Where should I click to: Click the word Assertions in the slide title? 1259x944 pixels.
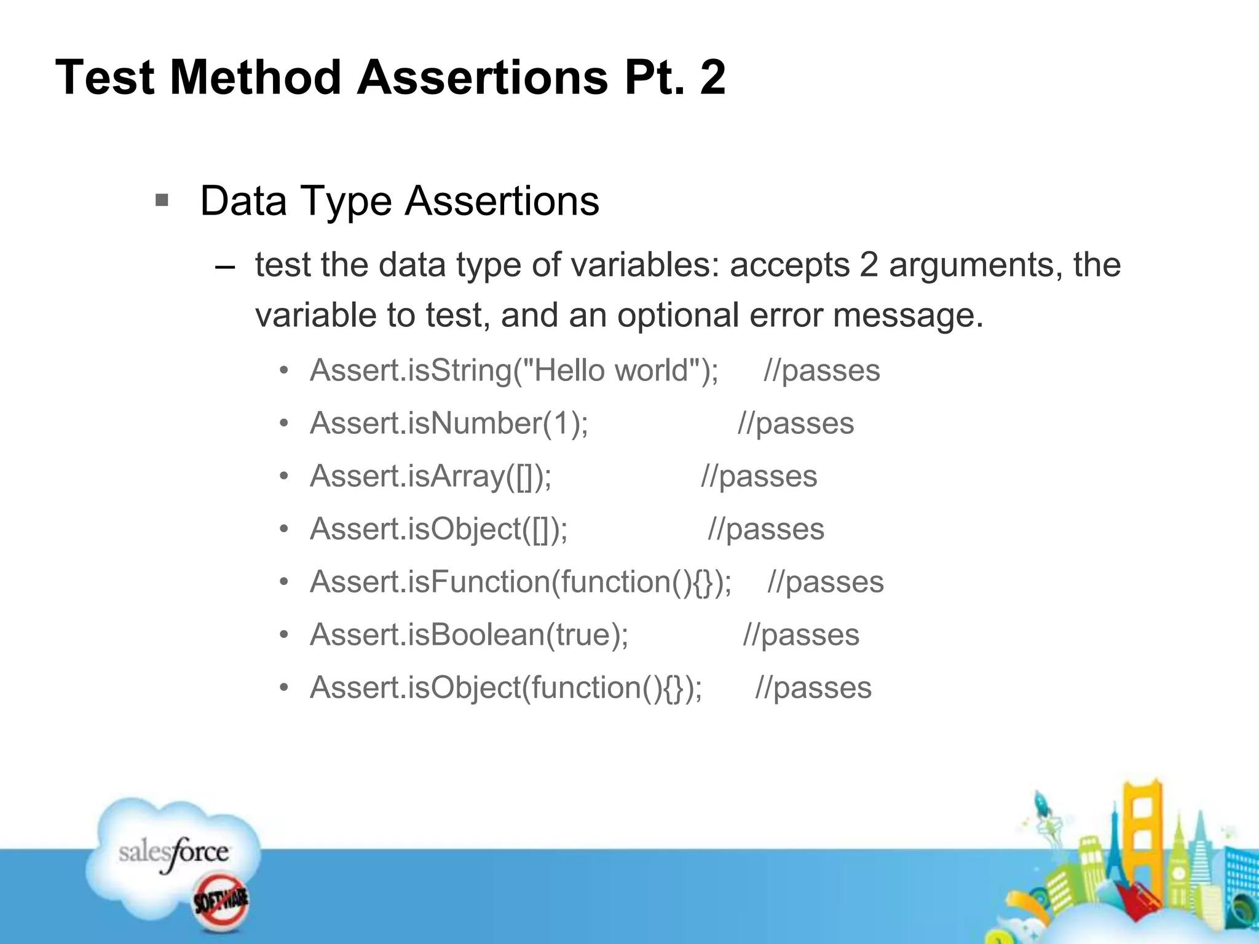point(483,77)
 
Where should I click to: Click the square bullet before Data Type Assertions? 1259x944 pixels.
point(162,200)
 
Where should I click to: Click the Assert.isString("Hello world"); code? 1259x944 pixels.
point(514,371)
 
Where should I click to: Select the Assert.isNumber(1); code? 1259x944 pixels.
point(449,423)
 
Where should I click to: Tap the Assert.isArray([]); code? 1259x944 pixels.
point(430,476)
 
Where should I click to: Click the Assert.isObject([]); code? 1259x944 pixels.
point(439,529)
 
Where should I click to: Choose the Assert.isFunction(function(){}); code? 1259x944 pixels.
point(521,582)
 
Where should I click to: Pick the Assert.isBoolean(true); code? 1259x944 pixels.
point(469,635)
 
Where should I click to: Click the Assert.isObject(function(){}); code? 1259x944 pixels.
point(506,688)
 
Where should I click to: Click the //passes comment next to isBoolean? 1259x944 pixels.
point(801,635)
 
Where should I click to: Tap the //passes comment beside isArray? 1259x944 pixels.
point(759,476)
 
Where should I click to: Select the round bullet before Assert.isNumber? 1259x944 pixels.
point(283,423)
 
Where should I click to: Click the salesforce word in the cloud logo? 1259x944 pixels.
point(173,853)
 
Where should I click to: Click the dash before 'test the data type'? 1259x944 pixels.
point(225,267)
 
